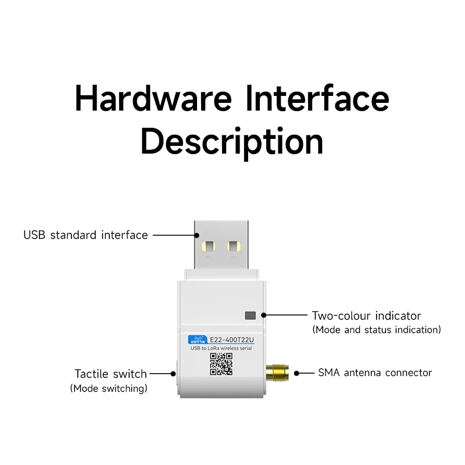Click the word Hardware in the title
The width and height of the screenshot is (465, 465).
153,98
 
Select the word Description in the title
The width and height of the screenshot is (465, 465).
232,141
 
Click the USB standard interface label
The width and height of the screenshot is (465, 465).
85,235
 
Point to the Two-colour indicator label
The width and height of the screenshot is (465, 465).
366,316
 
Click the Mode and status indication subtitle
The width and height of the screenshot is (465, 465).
377,330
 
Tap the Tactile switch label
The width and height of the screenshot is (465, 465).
110,374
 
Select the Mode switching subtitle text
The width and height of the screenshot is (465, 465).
109,388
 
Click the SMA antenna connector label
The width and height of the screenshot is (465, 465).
375,373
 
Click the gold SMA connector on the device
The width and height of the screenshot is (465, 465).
278,372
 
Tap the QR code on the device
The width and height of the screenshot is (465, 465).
221,364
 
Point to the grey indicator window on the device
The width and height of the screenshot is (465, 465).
251,316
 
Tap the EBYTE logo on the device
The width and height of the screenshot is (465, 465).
193,340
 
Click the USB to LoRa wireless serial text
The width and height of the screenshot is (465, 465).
221,348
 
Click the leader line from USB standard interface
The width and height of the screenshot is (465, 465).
173,235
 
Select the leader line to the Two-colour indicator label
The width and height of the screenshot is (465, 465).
287,315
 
